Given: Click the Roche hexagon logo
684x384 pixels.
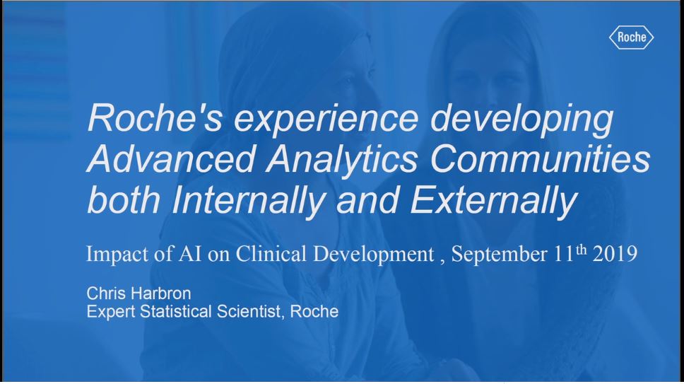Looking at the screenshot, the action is (x=631, y=37).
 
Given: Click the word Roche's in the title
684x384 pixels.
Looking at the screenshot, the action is (x=155, y=118).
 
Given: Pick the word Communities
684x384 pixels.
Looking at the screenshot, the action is (x=541, y=158).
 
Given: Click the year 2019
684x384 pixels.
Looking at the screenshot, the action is (x=615, y=254).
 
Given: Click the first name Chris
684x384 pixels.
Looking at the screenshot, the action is (x=105, y=293).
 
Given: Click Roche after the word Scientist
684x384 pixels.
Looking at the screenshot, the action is (x=314, y=312).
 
